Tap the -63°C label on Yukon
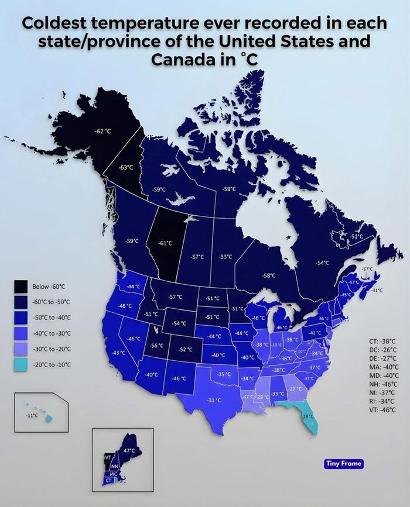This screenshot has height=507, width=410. pyautogui.click(x=126, y=167)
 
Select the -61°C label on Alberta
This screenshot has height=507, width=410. pyautogui.click(x=166, y=243)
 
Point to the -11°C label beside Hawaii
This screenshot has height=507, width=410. pyautogui.click(x=32, y=415)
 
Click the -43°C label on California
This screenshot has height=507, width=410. pyautogui.click(x=119, y=353)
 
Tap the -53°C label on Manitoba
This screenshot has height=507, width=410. pyautogui.click(x=225, y=257)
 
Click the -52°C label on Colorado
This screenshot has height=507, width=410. pyautogui.click(x=186, y=349)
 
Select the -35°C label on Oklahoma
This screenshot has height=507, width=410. pyautogui.click(x=224, y=374)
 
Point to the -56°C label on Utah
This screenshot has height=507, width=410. pyautogui.click(x=157, y=346)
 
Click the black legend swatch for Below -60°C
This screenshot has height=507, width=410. pyautogui.click(x=22, y=286)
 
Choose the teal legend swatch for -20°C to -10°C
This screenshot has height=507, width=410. pyautogui.click(x=22, y=364)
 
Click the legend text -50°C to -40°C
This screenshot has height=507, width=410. pyautogui.click(x=52, y=318)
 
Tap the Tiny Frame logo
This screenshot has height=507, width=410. pyautogui.click(x=344, y=464)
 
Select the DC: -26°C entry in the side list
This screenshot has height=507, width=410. pyautogui.click(x=382, y=350)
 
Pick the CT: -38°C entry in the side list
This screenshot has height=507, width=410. pyautogui.click(x=382, y=341)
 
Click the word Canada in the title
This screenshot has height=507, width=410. pyautogui.click(x=179, y=60)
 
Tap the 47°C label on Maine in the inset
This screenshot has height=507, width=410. pyautogui.click(x=129, y=451)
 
